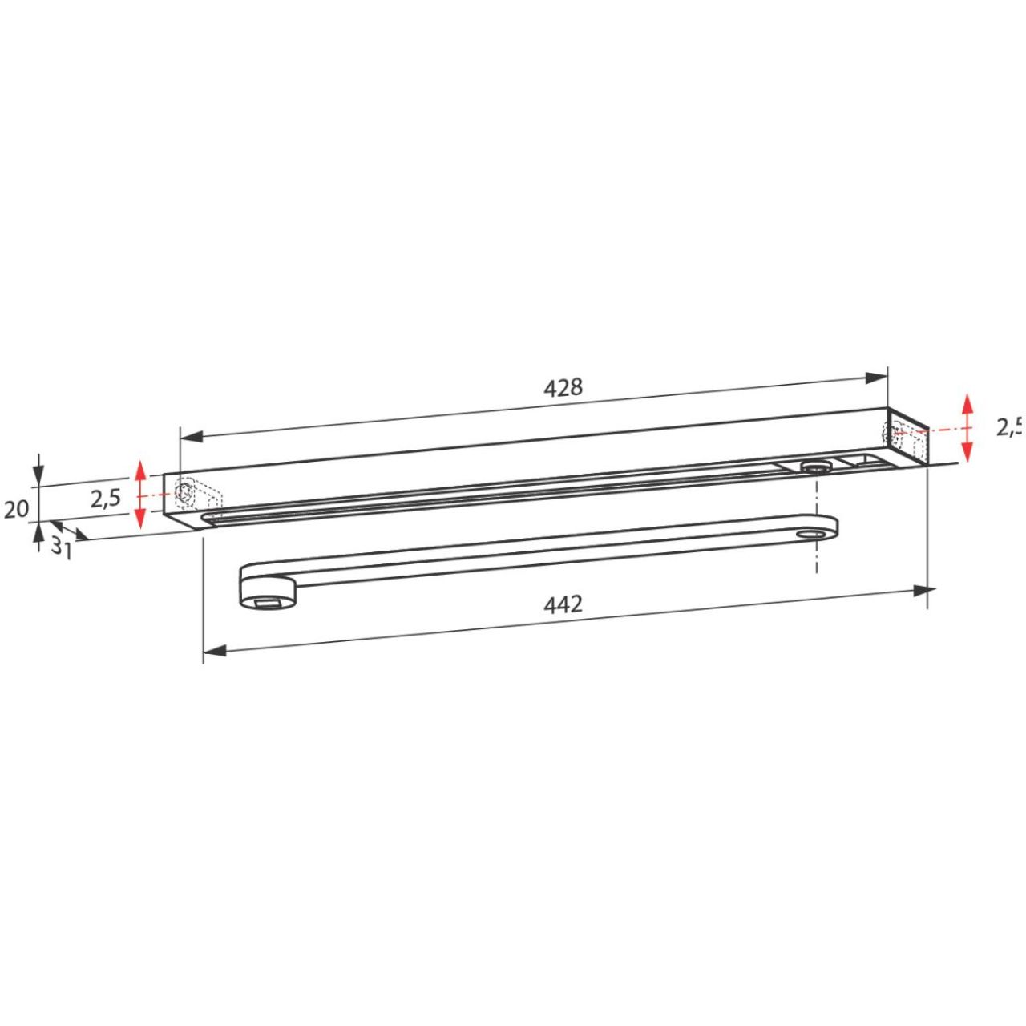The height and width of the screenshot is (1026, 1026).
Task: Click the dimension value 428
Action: coord(563,388)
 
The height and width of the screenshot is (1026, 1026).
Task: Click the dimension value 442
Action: coord(563,605)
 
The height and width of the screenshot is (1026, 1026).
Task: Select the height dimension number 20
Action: coord(16,510)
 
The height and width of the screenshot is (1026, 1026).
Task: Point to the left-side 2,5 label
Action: coord(106,499)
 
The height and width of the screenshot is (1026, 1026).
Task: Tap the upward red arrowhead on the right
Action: coord(967,405)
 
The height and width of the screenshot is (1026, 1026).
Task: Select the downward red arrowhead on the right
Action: coord(967,451)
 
